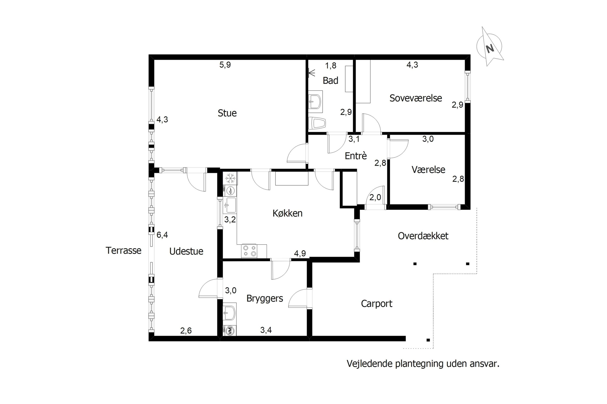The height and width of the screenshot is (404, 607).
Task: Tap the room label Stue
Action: (x=227, y=113)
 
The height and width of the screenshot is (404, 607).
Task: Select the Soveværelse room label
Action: (x=416, y=98)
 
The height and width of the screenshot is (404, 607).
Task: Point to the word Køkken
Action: (x=287, y=213)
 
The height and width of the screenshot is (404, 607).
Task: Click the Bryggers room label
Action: (x=265, y=299)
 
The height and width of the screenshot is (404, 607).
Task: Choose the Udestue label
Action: (x=186, y=251)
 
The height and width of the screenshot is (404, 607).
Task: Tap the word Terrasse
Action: (x=124, y=250)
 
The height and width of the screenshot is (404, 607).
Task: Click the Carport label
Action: (x=377, y=304)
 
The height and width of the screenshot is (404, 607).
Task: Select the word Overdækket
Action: (x=423, y=236)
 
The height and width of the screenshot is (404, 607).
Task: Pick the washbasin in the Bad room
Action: (x=315, y=101)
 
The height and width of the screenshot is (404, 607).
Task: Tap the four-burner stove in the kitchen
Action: (x=249, y=251)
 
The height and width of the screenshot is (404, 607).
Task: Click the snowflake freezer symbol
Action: (x=230, y=178)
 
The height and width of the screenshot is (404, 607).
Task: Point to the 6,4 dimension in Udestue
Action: (x=162, y=235)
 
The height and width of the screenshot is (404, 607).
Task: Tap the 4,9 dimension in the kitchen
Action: (x=300, y=254)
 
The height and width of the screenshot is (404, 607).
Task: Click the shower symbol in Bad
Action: (x=312, y=73)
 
